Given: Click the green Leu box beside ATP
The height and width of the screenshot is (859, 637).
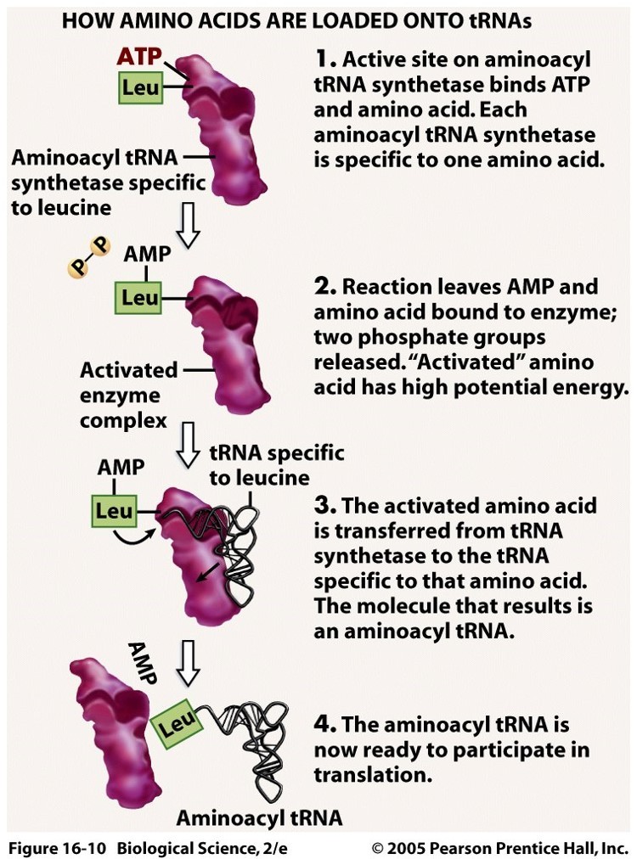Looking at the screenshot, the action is coord(140,88).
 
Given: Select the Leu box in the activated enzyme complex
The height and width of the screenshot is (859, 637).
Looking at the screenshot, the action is coord(140,298).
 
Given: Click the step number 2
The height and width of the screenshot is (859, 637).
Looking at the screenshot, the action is coord(324,288).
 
